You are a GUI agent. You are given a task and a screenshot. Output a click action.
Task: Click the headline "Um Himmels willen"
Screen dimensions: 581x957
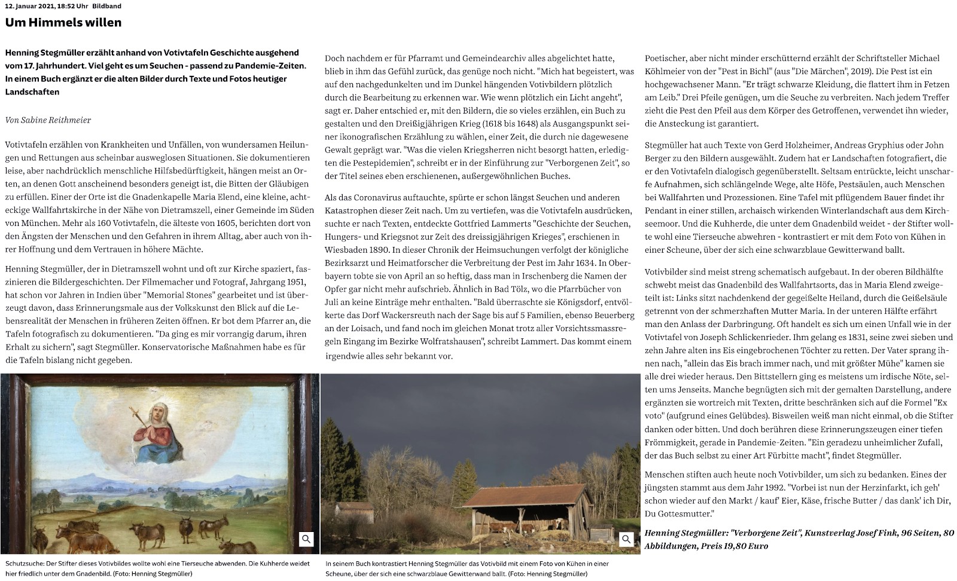tap(63, 23)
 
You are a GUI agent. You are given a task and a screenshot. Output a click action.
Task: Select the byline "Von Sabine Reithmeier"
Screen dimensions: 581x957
tap(48, 120)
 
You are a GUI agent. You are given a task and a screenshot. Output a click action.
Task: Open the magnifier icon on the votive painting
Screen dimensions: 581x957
tap(306, 539)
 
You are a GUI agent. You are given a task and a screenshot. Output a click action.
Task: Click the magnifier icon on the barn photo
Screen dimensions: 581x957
tap(626, 539)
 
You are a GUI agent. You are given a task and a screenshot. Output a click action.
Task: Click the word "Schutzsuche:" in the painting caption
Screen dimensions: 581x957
tap(24, 564)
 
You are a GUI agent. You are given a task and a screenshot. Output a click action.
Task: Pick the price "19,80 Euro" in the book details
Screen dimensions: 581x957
tap(734, 546)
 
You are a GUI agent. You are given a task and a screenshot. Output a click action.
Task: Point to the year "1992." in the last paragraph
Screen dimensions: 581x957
tap(763, 488)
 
